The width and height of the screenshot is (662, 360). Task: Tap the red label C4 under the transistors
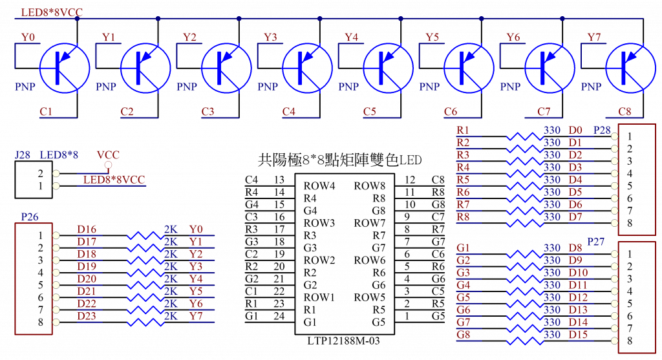[290, 112]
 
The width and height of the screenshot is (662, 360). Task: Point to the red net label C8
[625, 112]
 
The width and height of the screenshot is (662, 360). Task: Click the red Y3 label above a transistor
[271, 37]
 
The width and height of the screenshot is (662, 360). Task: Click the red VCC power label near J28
[107, 155]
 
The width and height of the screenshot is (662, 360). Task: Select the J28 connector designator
[23, 155]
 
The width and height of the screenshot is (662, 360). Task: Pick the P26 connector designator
[29, 218]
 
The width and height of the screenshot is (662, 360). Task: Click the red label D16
[87, 229]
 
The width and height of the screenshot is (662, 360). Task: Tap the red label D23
[87, 315]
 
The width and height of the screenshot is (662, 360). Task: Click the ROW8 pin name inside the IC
[369, 185]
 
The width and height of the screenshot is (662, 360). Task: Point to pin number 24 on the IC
[279, 315]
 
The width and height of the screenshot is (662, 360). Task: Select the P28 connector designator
[602, 131]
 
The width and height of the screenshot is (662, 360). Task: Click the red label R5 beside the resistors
[463, 180]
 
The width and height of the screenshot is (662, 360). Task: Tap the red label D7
[575, 217]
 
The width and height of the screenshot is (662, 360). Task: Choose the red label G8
[463, 334]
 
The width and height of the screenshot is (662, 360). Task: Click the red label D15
[577, 334]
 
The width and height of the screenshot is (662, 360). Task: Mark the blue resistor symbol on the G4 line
[524, 284]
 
